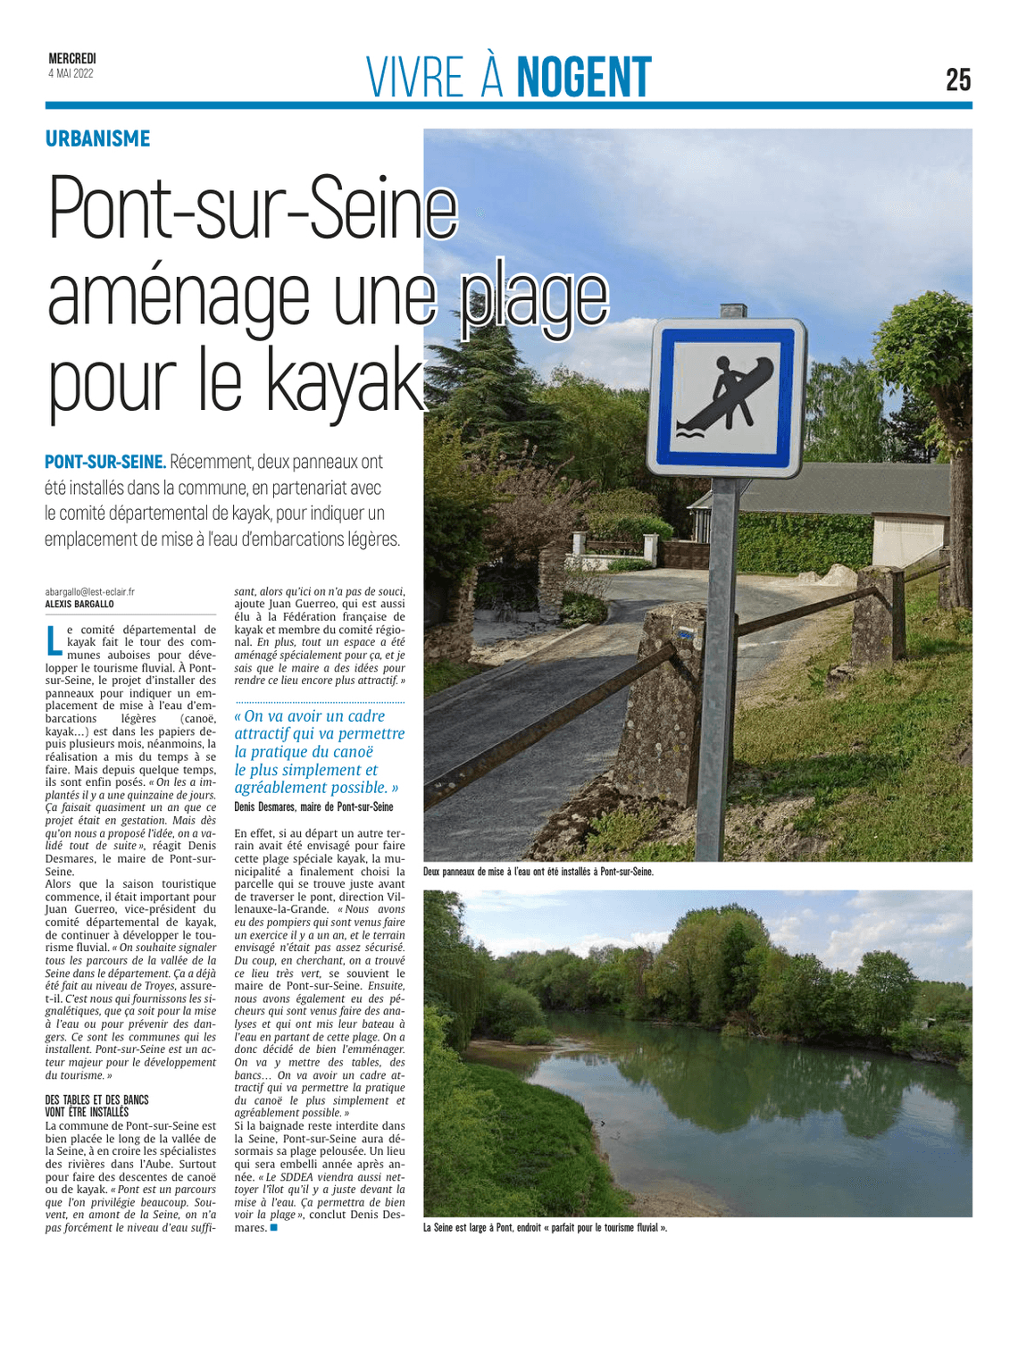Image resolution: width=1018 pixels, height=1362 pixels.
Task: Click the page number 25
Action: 957,79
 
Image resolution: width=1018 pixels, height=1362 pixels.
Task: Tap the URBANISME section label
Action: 98,138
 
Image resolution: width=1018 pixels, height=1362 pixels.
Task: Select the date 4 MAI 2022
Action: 71,73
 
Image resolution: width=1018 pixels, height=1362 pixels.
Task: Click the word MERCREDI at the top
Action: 72,59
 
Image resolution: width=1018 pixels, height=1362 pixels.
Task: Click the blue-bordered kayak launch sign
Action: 726,399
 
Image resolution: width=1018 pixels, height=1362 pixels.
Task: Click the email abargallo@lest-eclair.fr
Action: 90,591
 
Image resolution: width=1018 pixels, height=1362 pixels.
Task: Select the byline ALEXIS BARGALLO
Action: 79,604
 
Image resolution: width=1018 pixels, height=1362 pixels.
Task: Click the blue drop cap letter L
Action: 54,638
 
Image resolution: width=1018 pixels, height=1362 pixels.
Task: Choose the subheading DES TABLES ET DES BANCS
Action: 96,1099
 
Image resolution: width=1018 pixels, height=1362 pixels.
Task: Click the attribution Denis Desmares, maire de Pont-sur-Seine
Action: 313,806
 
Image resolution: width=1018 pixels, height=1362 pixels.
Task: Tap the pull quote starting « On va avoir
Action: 319,751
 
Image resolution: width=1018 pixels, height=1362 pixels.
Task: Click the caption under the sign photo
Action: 538,872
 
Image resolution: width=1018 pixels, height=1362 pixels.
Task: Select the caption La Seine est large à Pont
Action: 545,1228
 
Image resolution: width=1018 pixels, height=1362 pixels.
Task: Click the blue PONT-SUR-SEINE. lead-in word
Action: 105,462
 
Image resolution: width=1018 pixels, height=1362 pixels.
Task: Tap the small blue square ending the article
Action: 274,1228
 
